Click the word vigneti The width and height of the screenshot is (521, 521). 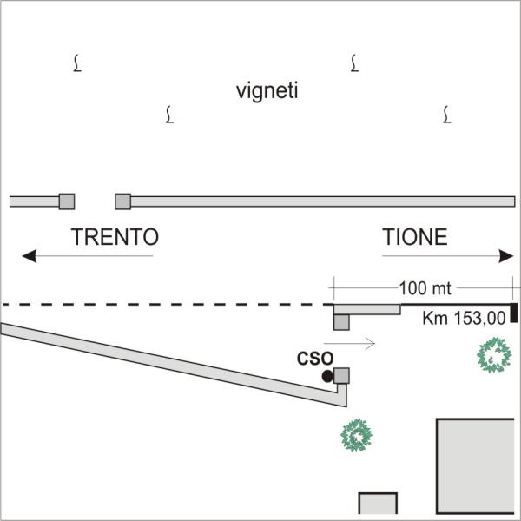point(267,91)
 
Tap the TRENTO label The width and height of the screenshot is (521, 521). point(115,237)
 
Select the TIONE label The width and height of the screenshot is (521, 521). point(415,237)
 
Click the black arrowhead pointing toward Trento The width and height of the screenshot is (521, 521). point(30,256)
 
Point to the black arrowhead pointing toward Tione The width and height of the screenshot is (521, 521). point(506,256)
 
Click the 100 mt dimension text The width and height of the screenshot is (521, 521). point(425,288)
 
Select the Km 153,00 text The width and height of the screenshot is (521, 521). point(464,319)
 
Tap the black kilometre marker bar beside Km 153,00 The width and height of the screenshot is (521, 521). point(514,313)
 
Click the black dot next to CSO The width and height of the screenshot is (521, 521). point(327,376)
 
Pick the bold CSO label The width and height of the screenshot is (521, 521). point(315,359)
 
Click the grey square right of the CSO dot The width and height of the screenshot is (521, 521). point(341,376)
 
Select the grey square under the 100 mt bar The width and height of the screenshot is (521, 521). point(341,322)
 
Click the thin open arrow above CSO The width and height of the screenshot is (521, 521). point(349,343)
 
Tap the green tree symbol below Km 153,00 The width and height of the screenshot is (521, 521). point(494,355)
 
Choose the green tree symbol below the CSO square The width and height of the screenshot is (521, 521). point(357,435)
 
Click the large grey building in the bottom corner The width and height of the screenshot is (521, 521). point(476,465)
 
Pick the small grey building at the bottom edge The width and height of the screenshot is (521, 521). point(378,504)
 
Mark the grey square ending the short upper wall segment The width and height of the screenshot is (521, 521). point(67,201)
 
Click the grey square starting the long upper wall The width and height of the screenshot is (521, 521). point(123,201)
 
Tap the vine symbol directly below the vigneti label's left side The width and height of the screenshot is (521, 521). point(169,115)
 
